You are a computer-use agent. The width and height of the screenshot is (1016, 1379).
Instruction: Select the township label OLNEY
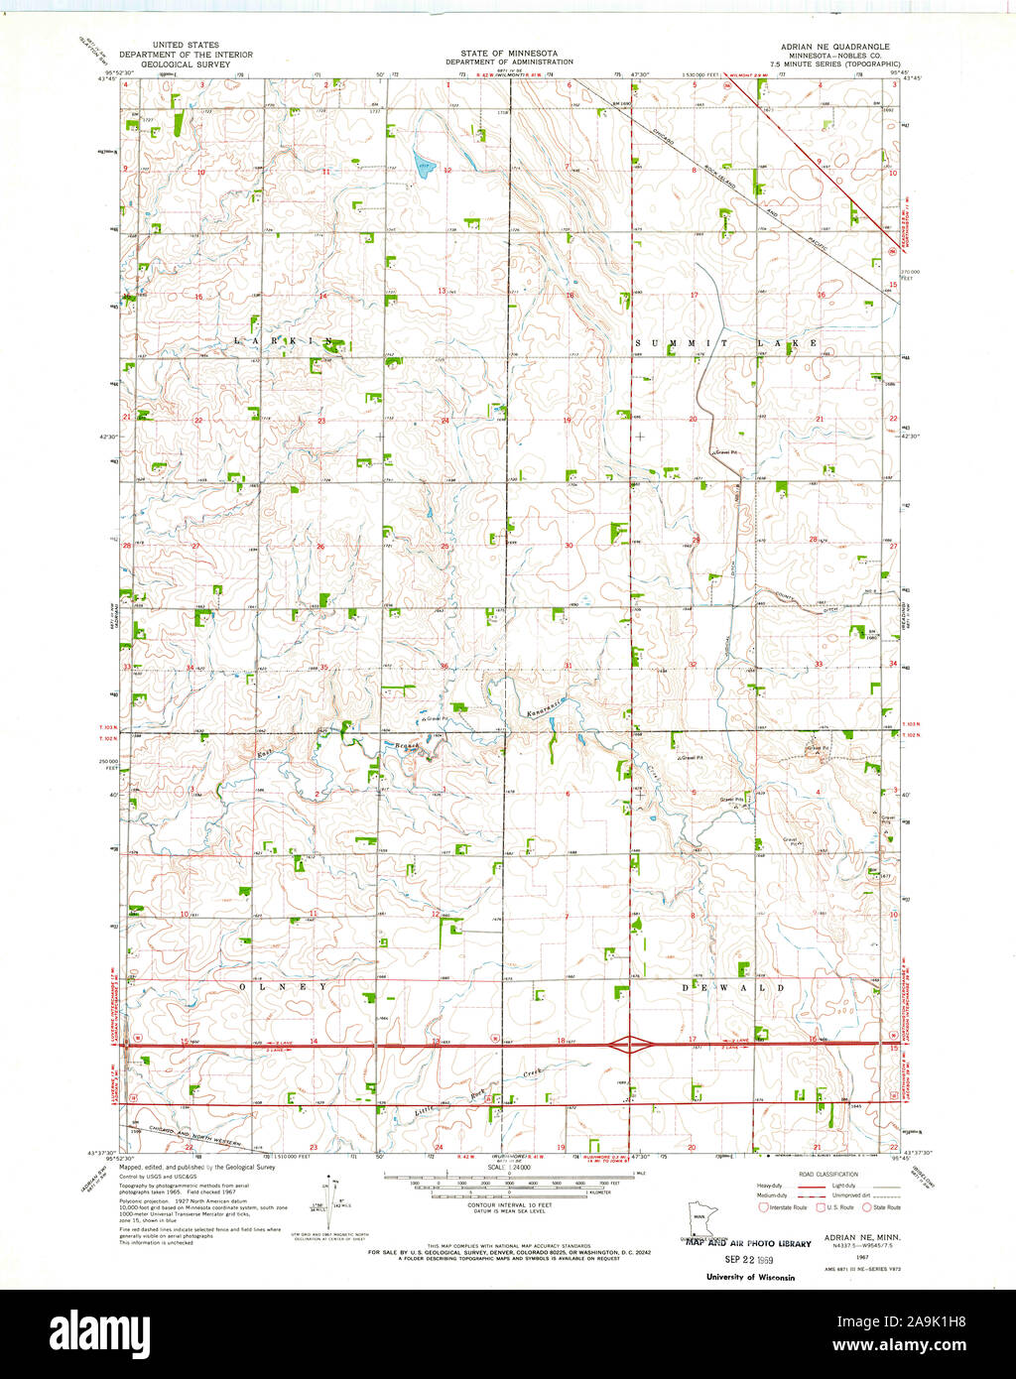[x=283, y=987]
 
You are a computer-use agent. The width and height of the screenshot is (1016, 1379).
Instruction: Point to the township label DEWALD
[x=734, y=988]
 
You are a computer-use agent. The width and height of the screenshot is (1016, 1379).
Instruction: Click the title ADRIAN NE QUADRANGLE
[x=834, y=47]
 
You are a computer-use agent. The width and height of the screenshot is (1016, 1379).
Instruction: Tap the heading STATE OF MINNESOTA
[x=508, y=53]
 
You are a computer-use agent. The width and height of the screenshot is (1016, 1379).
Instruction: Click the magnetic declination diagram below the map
[x=327, y=1192]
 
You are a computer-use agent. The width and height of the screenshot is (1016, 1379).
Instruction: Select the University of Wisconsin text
[x=750, y=1277]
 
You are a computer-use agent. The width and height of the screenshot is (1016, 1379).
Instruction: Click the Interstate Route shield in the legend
[x=763, y=1207]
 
